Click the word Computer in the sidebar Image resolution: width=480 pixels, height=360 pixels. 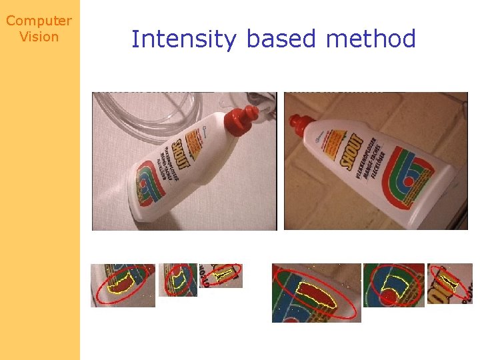(x=39, y=21)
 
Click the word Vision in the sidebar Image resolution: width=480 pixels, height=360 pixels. (x=39, y=37)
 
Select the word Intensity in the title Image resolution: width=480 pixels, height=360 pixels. (x=183, y=39)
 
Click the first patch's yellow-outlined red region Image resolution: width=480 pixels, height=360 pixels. (x=124, y=283)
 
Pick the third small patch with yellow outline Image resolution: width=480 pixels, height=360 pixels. (x=221, y=275)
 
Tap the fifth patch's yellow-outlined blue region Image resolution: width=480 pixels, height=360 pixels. (x=397, y=284)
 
